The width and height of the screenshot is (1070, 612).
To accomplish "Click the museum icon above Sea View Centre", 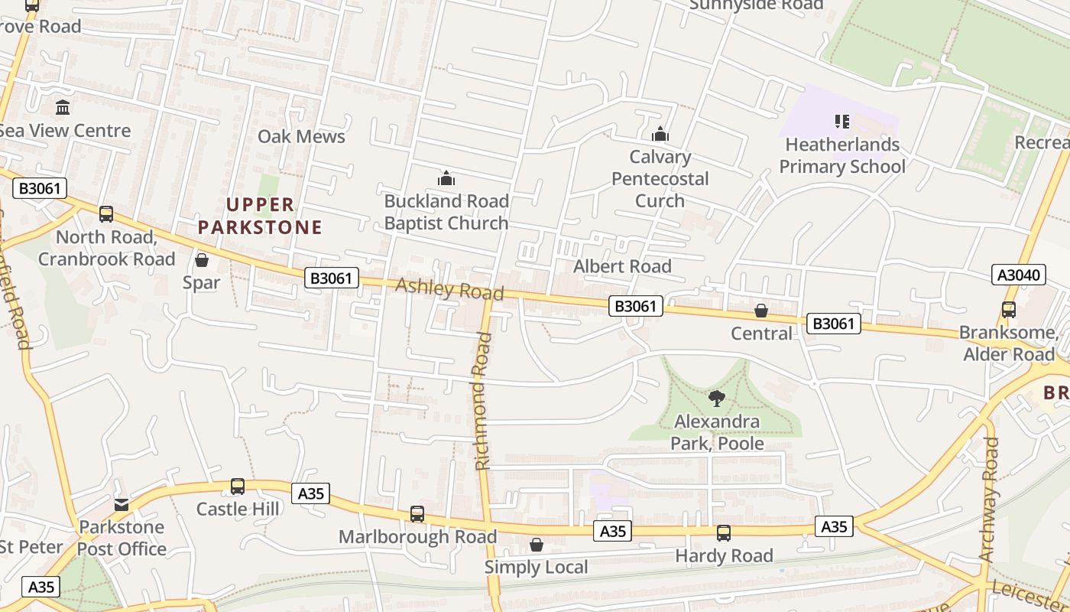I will tap(63, 107).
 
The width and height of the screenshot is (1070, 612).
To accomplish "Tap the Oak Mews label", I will tap(301, 136).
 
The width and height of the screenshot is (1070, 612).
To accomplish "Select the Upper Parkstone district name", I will tap(260, 216).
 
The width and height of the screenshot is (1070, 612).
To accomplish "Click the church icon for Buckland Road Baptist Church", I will tap(446, 178).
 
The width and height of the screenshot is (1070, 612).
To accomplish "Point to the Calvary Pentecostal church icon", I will tap(660, 135).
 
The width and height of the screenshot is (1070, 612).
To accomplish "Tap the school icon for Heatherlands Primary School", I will tap(842, 121).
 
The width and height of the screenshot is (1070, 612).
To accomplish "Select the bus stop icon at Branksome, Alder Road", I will tap(1009, 310).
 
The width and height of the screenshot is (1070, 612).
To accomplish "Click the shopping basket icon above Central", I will tap(761, 311).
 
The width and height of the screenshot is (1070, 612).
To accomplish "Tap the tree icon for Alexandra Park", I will tap(716, 398).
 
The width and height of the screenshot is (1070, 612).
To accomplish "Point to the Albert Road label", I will tap(622, 266).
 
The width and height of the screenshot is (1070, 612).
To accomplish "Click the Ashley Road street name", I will tap(449, 289).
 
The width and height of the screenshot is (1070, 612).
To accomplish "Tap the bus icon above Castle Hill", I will tap(238, 486).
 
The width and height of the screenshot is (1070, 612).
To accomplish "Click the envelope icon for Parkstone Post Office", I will tap(122, 504).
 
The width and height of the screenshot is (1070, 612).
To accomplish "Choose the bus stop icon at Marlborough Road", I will tap(417, 514).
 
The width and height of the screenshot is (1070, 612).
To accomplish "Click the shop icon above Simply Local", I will tap(537, 545).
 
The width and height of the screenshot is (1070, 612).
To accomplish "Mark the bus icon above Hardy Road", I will tap(724, 533).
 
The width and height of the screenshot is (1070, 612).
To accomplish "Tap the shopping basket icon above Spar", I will tap(202, 260).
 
